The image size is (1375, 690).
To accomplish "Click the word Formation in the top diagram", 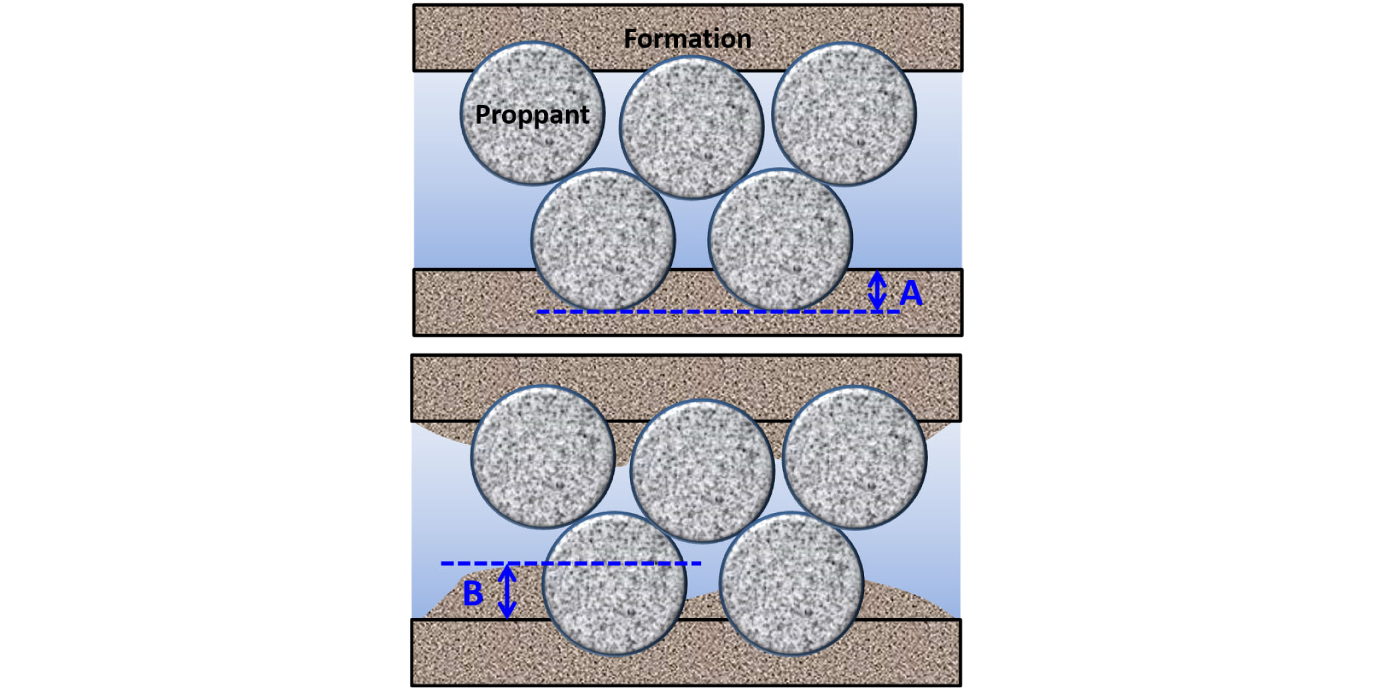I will point(687,39).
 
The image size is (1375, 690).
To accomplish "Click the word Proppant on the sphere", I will point(532,114).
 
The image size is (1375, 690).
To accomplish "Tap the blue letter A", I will point(911,293).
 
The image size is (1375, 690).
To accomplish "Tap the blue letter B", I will point(473,594).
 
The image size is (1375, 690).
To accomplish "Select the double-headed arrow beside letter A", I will point(877,290).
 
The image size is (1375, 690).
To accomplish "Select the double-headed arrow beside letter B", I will point(508,592).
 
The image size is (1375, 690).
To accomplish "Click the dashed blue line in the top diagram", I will point(718,311).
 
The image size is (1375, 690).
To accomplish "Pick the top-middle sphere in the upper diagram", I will point(691,127).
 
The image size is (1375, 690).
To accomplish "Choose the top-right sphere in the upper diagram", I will point(843,114).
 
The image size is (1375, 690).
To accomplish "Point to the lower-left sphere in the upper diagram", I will point(603,240).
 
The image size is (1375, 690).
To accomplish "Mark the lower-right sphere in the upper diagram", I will point(780,240).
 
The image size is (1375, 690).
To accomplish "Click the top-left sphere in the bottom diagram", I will point(543,457).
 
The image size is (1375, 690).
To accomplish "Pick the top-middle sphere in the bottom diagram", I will point(702,470).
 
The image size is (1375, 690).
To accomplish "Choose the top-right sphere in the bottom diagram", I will point(854,457).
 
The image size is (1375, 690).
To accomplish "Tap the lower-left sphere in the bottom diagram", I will point(614,584).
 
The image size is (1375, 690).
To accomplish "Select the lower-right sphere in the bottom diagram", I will point(791,584).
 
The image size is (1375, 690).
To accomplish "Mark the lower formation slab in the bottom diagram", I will point(686,665).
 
